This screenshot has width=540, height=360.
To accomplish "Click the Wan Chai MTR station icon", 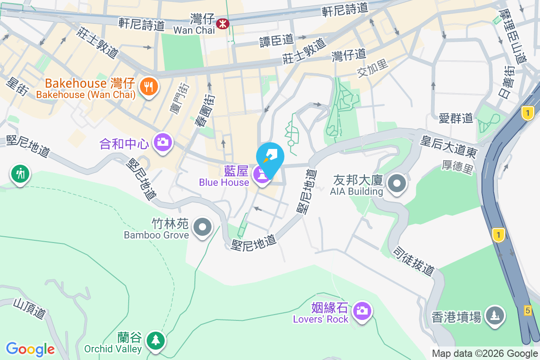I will (x=222, y=23).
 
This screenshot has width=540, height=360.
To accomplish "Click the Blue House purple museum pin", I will (x=261, y=174).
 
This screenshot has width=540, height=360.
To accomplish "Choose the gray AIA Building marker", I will (x=397, y=183).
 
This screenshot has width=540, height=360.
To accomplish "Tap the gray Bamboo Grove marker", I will (x=202, y=227).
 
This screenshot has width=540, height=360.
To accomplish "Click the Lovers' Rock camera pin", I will (x=362, y=310).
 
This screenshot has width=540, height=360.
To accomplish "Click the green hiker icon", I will (x=20, y=173).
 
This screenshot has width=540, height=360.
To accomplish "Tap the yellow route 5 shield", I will (x=528, y=310).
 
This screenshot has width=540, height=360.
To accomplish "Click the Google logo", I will (x=30, y=349).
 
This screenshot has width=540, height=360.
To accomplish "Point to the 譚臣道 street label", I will (x=276, y=40).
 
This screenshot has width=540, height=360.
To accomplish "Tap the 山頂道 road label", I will (x=30, y=309).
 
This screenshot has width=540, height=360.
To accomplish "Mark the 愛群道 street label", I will (x=456, y=118).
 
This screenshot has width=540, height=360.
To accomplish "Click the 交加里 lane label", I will (x=373, y=69).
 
